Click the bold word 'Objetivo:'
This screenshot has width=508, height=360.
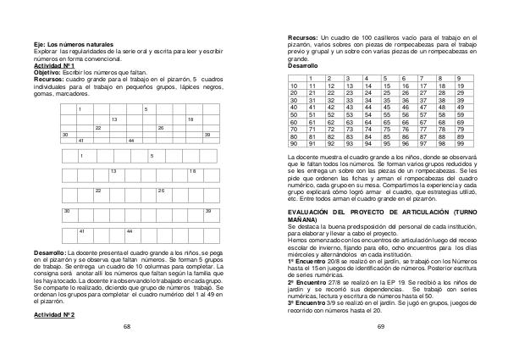[41, 72]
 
